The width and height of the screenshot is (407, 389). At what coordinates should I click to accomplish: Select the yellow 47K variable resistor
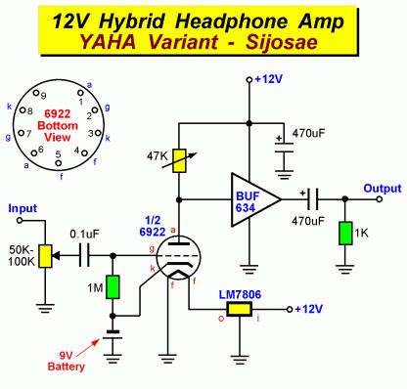179,160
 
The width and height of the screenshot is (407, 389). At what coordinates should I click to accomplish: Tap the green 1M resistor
113,286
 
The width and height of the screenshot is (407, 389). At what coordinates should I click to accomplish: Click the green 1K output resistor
345,234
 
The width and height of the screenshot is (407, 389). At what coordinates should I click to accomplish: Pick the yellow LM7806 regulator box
240,309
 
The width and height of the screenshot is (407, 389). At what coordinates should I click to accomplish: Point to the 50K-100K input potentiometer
45,256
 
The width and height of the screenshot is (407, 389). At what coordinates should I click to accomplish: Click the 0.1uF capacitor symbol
84,256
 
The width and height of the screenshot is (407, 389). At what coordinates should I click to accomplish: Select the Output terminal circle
379,199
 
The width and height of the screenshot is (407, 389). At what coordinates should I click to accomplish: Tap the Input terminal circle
20,220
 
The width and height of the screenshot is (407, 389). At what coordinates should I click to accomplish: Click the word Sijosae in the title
281,42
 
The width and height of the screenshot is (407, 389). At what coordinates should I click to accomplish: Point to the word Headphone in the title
231,22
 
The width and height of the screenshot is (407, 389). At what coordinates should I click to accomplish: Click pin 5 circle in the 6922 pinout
59,162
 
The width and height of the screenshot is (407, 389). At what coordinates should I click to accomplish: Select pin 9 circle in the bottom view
36,93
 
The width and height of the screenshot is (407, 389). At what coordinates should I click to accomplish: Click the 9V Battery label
66,361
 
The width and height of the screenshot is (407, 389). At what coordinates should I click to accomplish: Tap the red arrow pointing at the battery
90,347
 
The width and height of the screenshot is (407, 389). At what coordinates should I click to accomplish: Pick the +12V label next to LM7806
308,309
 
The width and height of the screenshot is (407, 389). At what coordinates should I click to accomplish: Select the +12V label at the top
268,79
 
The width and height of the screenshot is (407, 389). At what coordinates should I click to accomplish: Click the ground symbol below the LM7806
240,359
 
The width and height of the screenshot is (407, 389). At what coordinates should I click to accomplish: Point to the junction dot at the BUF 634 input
179,199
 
